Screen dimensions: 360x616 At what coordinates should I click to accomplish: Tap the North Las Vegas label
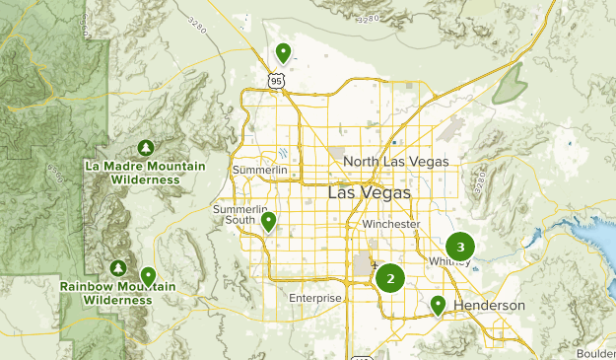tap(395, 161)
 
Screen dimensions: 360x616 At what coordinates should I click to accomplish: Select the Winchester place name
tap(390, 224)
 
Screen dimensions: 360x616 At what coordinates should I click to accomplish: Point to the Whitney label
tap(449, 261)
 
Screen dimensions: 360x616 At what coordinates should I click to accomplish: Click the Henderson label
tap(489, 306)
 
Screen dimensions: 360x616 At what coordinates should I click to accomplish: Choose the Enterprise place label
tap(314, 298)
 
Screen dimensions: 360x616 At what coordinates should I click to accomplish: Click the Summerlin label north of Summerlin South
tap(259, 171)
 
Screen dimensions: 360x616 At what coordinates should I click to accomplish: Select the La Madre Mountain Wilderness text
tap(145, 173)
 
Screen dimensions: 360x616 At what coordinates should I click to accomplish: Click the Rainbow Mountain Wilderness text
tap(116, 293)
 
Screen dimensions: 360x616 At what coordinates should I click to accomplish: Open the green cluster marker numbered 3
tap(460, 247)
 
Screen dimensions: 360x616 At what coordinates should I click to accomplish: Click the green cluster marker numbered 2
tap(390, 278)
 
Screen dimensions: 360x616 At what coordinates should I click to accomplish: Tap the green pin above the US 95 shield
tap(283, 52)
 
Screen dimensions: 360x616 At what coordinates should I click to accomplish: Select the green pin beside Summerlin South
tap(268, 222)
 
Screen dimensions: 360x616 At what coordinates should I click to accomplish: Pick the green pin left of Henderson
tap(438, 306)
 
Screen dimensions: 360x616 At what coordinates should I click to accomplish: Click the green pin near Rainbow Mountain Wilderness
tap(148, 275)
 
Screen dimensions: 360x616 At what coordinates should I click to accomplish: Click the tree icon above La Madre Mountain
tap(145, 147)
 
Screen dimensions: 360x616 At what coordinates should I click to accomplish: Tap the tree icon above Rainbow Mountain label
tap(118, 267)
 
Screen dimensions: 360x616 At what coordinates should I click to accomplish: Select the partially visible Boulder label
tap(597, 353)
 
